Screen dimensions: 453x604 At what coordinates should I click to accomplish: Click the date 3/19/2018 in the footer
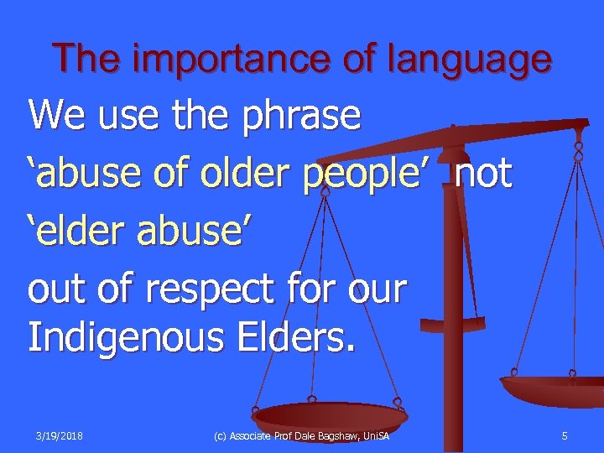pos(60,435)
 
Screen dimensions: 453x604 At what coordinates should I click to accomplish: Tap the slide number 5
pos(565,435)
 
